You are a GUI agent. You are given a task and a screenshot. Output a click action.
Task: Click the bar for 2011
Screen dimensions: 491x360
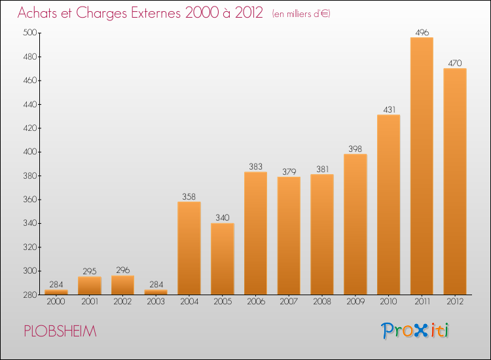click(x=422, y=166)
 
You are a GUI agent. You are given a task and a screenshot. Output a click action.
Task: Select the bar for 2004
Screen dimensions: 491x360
click(x=189, y=248)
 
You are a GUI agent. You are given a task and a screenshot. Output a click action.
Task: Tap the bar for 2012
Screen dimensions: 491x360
click(x=455, y=181)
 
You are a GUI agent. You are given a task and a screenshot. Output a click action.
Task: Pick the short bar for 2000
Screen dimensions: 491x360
click(x=56, y=292)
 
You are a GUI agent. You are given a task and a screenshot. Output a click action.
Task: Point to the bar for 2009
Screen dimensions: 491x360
click(x=355, y=224)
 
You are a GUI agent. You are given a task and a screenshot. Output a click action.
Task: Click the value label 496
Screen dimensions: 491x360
click(x=422, y=33)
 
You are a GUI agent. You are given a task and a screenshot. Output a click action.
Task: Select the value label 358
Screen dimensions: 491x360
click(x=189, y=196)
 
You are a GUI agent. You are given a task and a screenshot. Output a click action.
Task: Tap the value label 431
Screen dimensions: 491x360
click(x=390, y=109)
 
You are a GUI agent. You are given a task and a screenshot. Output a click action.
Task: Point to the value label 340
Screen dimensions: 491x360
click(x=223, y=217)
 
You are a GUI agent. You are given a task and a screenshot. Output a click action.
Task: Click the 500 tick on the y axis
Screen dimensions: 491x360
click(x=29, y=33)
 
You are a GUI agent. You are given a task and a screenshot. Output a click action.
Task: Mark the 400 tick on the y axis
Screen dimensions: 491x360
click(x=29, y=152)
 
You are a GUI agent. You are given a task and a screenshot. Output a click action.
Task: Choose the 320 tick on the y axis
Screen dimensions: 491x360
click(x=29, y=247)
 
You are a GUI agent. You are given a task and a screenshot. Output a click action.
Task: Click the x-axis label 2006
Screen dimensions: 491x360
click(x=256, y=302)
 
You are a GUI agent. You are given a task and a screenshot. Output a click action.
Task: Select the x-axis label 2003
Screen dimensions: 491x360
click(x=156, y=302)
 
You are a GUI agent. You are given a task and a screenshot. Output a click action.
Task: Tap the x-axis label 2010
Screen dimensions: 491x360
click(x=389, y=302)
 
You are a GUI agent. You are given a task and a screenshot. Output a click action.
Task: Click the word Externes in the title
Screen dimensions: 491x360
click(x=156, y=13)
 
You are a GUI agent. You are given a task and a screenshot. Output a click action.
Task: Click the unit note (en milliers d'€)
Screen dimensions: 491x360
click(x=301, y=14)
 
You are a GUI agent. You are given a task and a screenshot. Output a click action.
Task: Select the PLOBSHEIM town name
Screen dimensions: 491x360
click(x=60, y=331)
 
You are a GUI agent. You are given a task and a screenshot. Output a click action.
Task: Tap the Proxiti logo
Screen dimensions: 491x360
click(x=415, y=331)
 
